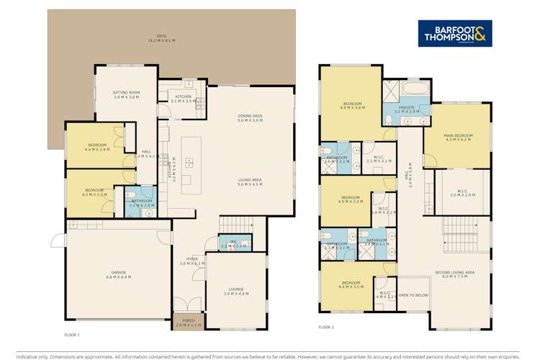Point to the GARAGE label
116,274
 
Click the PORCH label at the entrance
189,323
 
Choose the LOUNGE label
236,291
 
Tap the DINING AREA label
251,118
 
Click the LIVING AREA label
251,181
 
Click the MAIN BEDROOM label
458,137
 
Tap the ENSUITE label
406,108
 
